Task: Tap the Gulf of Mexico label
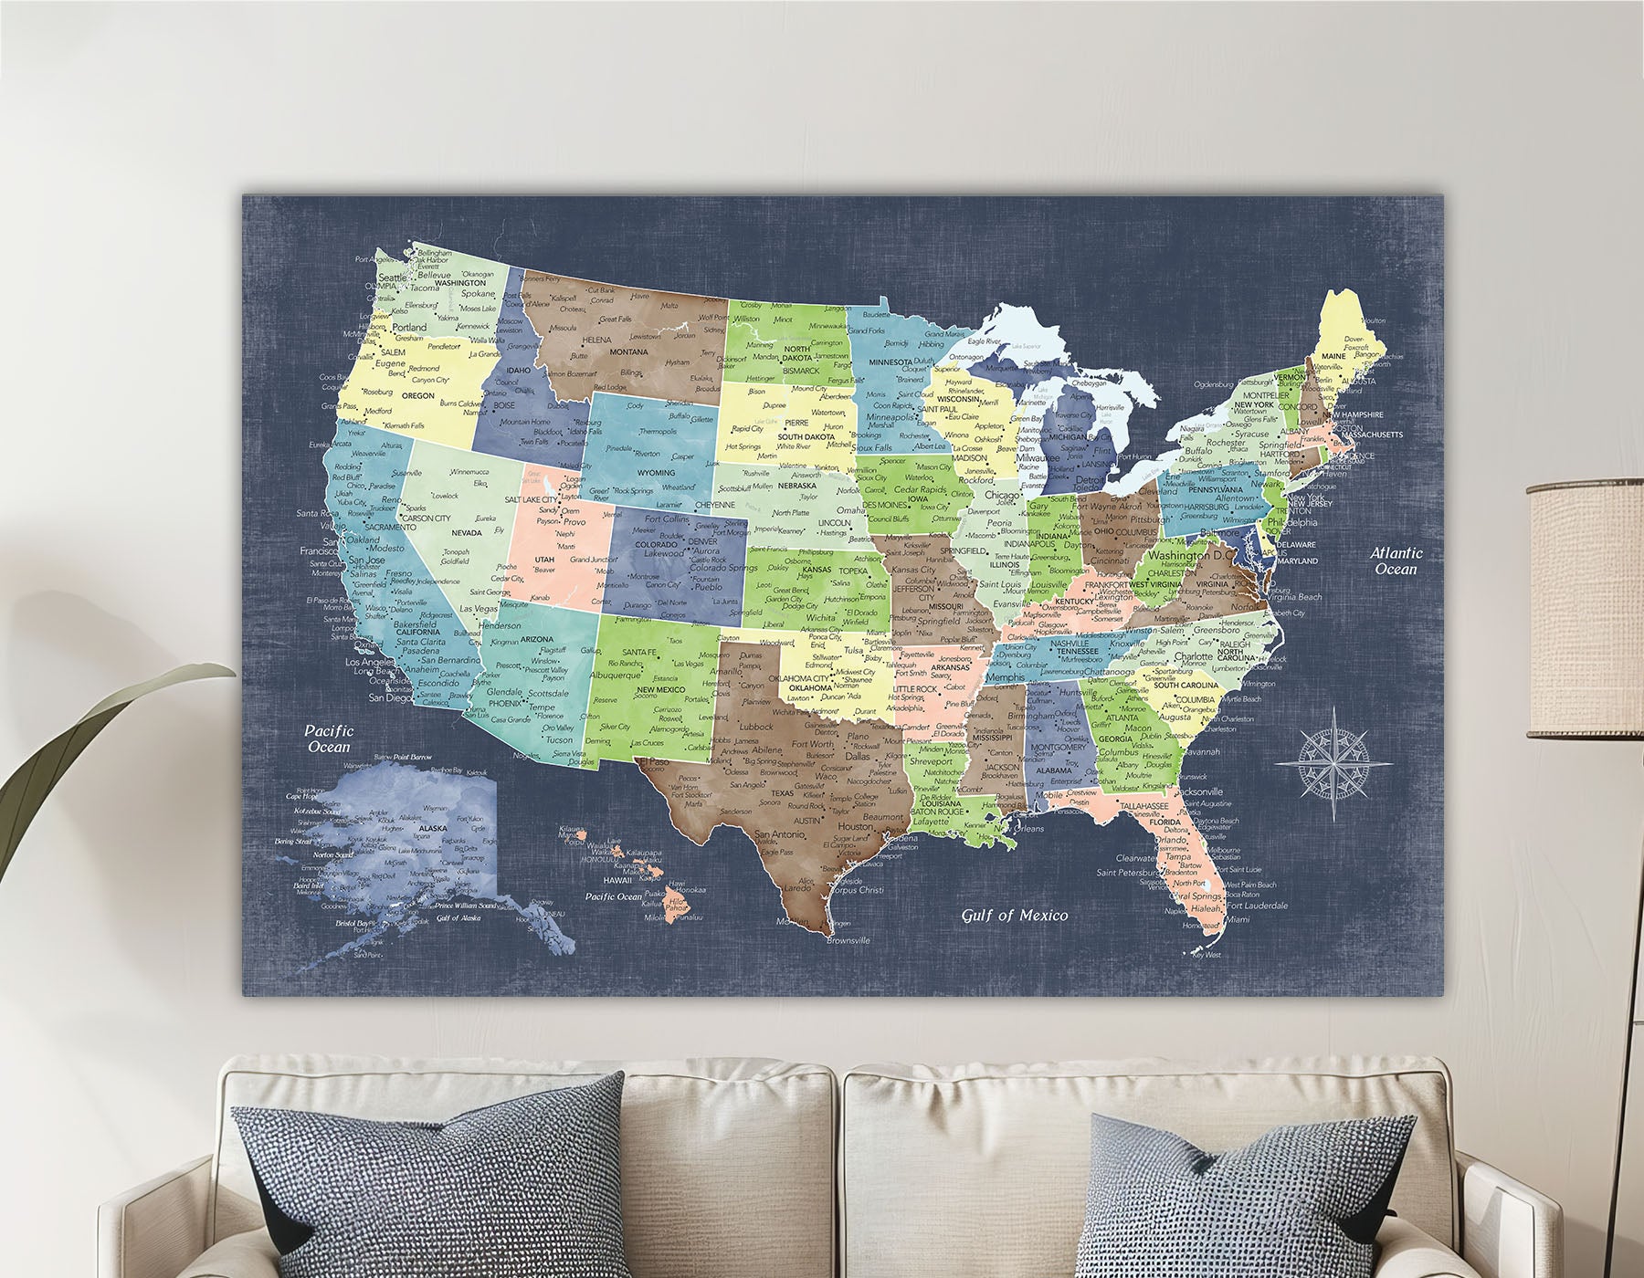pos(1014,915)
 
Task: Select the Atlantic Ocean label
pos(1396,560)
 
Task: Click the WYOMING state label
pos(656,473)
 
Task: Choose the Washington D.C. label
pos(1191,555)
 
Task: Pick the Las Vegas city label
pos(478,609)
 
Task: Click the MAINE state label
pos(1333,355)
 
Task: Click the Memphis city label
pos(1007,677)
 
